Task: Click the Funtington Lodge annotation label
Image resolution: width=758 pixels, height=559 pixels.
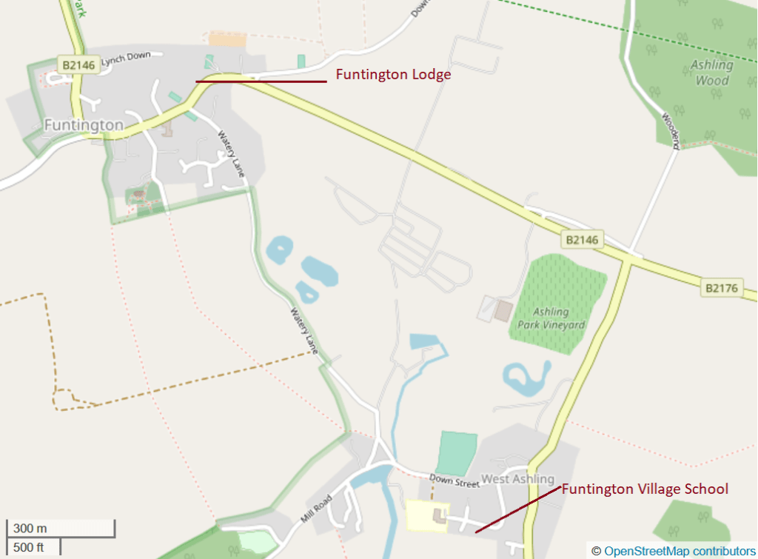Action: pos(393,75)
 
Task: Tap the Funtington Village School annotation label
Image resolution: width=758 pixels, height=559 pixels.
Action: pos(645,489)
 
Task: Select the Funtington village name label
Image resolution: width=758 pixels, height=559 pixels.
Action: pos(84,125)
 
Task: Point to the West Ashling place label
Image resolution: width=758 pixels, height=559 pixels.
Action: pos(517,479)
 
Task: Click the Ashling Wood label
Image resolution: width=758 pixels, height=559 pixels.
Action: pos(711,72)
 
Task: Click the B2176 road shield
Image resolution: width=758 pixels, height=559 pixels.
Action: pos(722,288)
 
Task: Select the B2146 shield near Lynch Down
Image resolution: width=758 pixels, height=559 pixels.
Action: pos(78,65)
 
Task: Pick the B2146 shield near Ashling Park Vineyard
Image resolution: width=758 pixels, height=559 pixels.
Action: pos(582,240)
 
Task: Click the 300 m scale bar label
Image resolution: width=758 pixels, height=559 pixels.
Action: pos(30,529)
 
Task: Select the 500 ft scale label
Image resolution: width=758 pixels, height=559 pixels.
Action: pos(29,547)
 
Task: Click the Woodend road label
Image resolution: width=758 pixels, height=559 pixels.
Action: pos(670,127)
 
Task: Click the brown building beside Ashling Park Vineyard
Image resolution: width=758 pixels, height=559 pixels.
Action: pos(503,311)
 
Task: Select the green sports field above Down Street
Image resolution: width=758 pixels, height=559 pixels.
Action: pos(456,454)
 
